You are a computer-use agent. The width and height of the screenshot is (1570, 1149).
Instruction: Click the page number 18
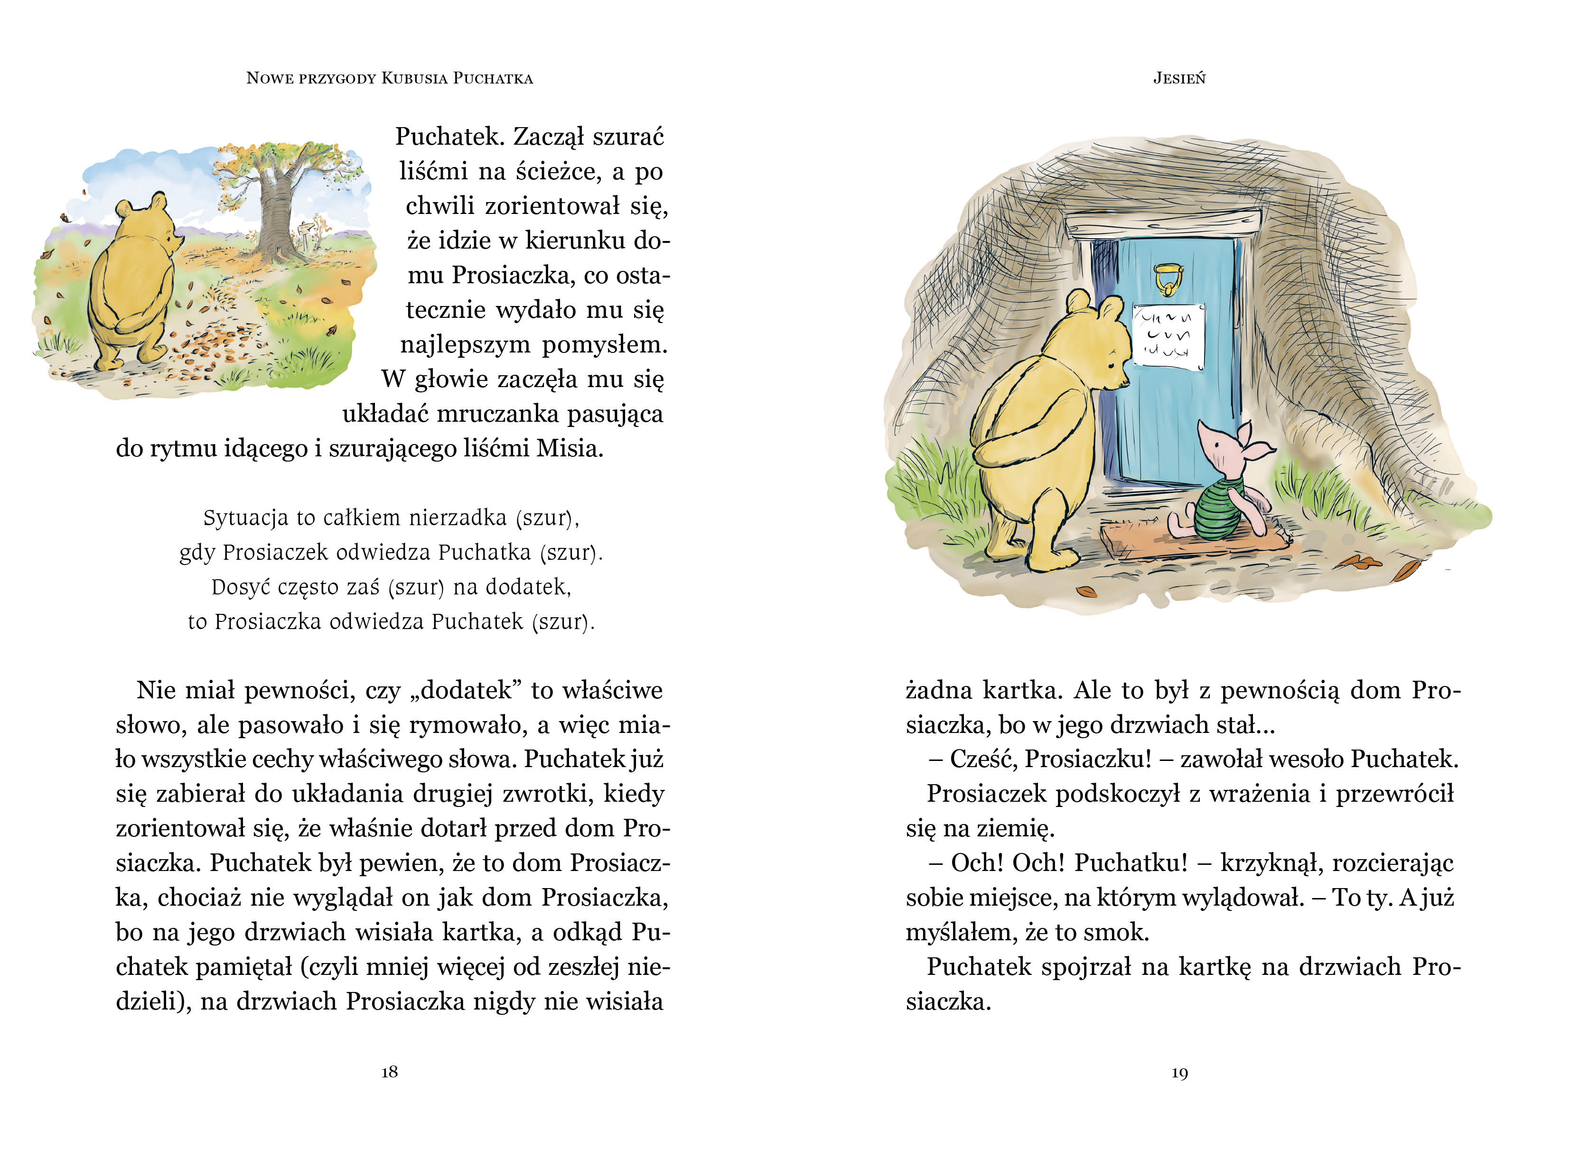point(390,1072)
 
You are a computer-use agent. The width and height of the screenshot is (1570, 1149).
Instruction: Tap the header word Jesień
point(1179,78)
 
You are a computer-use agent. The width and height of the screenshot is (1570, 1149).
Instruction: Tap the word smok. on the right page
point(1121,932)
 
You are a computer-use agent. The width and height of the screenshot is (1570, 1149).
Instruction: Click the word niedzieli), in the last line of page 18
point(153,1001)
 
